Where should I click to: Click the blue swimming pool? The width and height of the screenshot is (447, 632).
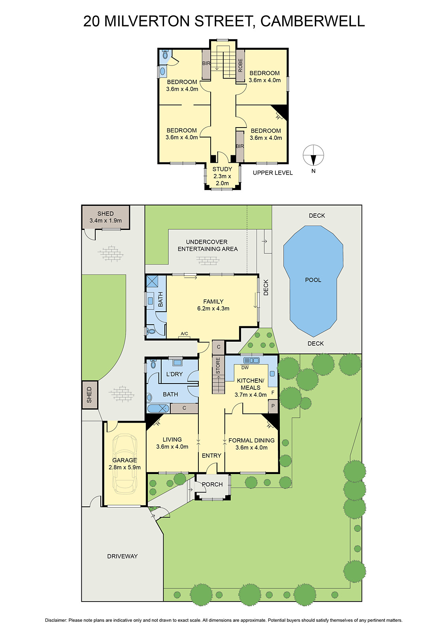point(313,281)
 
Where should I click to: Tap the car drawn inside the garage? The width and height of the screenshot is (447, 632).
point(124,464)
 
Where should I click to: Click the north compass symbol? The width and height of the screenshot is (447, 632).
point(313,155)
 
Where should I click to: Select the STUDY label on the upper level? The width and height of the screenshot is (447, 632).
point(222,169)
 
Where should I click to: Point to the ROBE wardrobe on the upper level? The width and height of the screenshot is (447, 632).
point(240,66)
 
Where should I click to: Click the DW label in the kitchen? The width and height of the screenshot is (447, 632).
point(245,368)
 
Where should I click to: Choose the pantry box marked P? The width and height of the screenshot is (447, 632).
point(273,406)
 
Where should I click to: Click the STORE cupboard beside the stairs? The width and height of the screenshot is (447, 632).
point(218,366)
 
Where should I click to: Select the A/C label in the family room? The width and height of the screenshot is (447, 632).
point(185,333)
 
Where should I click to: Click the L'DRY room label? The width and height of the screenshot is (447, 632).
point(175,374)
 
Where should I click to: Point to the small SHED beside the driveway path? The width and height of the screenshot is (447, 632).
point(89,395)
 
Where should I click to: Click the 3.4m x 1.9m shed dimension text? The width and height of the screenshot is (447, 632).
point(106,221)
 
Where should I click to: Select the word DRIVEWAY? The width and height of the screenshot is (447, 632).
point(122,556)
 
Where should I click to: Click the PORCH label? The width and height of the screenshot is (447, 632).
point(212,484)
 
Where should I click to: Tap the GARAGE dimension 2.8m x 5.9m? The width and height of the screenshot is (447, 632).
point(124,467)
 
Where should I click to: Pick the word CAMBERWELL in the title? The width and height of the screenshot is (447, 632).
point(313,21)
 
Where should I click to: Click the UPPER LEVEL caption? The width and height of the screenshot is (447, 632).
point(273,173)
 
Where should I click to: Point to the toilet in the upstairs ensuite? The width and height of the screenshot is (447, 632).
point(166,54)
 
